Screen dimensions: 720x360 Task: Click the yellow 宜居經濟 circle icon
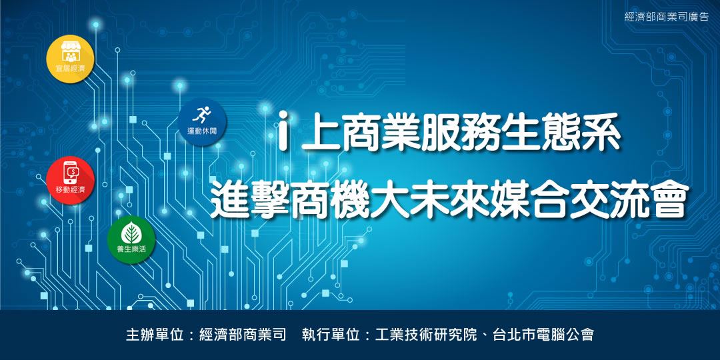(x=70, y=59)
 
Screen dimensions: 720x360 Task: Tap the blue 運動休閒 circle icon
(x=202, y=122)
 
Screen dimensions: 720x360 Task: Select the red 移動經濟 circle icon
(x=70, y=180)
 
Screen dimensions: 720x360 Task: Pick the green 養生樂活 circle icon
(x=131, y=240)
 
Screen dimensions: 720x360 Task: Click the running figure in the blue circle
(x=202, y=115)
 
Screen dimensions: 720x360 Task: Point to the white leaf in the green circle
(x=131, y=234)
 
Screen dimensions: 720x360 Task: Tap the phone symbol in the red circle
(x=71, y=173)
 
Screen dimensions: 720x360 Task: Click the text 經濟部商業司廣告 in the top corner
(x=667, y=17)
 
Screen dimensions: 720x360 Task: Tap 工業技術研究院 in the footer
(x=426, y=334)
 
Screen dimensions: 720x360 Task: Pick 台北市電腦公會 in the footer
(x=543, y=334)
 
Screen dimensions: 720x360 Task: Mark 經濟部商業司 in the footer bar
(x=243, y=334)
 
